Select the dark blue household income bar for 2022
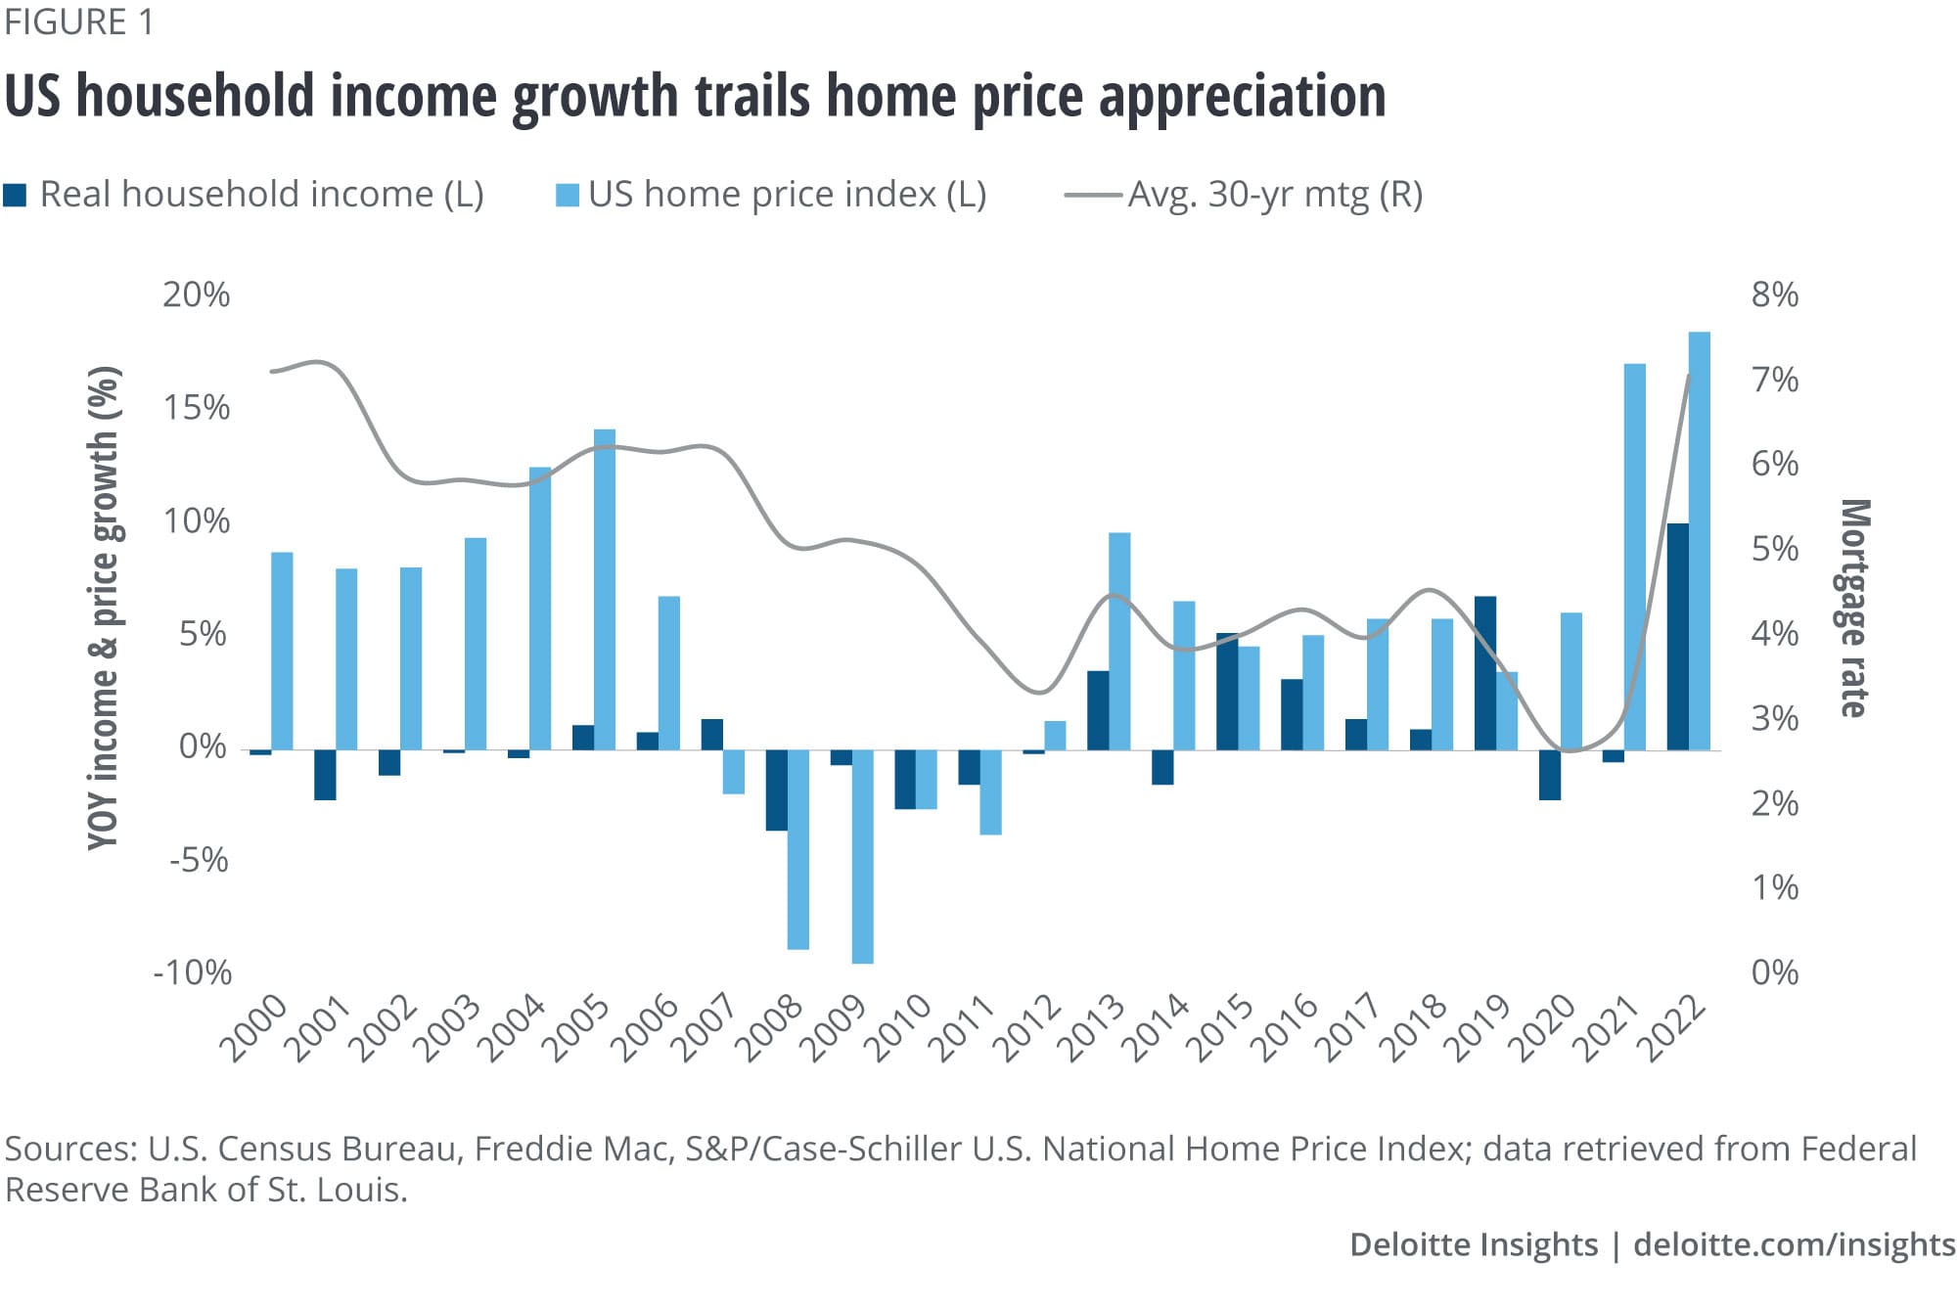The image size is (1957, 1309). pyautogui.click(x=1677, y=637)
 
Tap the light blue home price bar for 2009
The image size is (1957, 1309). pyautogui.click(x=862, y=857)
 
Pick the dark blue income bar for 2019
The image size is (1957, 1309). pyautogui.click(x=1484, y=673)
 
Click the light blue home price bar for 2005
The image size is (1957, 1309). pyautogui.click(x=605, y=589)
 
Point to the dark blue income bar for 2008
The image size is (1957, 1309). pyautogui.click(x=776, y=790)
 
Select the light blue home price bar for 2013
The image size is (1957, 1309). pyautogui.click(x=1119, y=641)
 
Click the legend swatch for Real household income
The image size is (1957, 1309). pyautogui.click(x=15, y=195)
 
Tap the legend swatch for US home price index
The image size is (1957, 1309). pyautogui.click(x=567, y=195)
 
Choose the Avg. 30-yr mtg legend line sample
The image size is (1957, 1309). pyautogui.click(x=1092, y=196)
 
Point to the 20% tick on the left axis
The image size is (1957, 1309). pyautogui.click(x=196, y=294)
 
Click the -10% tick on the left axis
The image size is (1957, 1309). pyautogui.click(x=193, y=972)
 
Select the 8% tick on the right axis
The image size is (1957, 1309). pyautogui.click(x=1774, y=294)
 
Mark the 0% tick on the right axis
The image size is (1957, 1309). pyautogui.click(x=1774, y=972)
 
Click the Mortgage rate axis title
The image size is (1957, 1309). pyautogui.click(x=1854, y=609)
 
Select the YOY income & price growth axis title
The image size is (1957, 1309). pyautogui.click(x=104, y=609)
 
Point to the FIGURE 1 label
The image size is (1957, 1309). pyautogui.click(x=79, y=22)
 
